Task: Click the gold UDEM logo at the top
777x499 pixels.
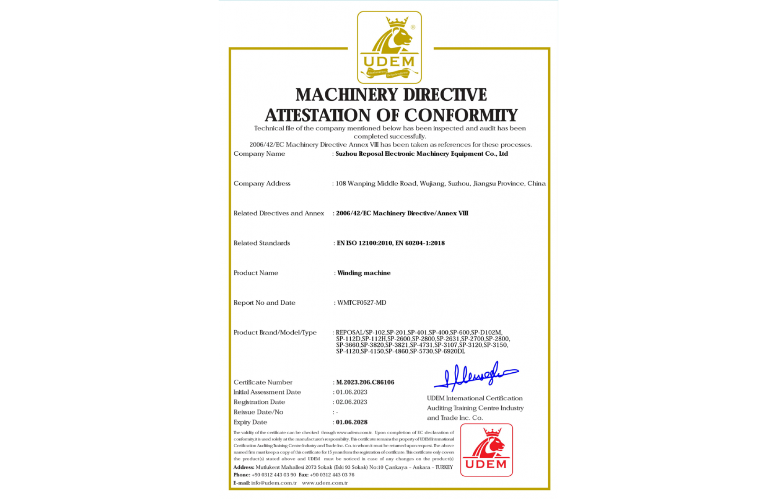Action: [x=389, y=47]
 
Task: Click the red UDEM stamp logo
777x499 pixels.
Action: [x=486, y=450]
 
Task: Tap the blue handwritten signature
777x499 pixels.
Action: [x=476, y=376]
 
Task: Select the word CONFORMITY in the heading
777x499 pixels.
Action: [x=460, y=115]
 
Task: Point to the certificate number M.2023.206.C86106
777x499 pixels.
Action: [x=365, y=382]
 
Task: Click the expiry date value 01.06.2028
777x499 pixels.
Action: [x=351, y=422]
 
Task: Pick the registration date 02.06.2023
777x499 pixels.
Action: [x=351, y=402]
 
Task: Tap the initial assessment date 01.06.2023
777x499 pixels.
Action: [x=351, y=392]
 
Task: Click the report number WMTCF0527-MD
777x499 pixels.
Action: [x=362, y=303]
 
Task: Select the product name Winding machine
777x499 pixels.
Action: [x=363, y=273]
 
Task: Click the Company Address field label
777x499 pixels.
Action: [x=262, y=183]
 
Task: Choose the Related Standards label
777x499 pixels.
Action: [x=262, y=243]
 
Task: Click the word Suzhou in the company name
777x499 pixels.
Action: [x=346, y=154]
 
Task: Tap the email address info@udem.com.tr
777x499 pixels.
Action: [x=273, y=483]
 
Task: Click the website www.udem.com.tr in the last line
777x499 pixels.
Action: [x=324, y=483]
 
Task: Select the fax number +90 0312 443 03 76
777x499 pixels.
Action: [x=332, y=475]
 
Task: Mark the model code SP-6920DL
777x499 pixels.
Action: [x=450, y=351]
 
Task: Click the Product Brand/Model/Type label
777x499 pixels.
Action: [x=275, y=332]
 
